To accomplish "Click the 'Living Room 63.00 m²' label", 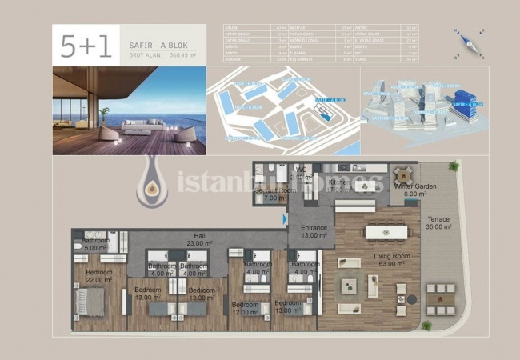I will pyautogui.click(x=392, y=261).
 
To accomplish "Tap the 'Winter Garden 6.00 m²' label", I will pyautogui.click(x=414, y=190).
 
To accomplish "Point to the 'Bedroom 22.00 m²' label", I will pyautogui.click(x=99, y=276).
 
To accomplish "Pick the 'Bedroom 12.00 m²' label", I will pyautogui.click(x=246, y=309).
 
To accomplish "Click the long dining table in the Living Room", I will pyautogui.click(x=386, y=232).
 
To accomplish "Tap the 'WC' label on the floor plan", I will pyautogui.click(x=302, y=170).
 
